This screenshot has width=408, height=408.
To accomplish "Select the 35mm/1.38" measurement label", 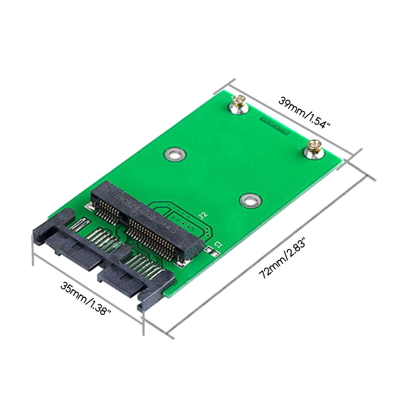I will pos(85,298).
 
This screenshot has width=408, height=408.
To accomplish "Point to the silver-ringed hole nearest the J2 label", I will pos(250,200).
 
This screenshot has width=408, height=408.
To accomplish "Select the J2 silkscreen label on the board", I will pos(204,216).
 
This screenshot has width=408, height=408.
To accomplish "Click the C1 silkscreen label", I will pos(218,244).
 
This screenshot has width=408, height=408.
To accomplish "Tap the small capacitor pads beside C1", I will pos(212,251).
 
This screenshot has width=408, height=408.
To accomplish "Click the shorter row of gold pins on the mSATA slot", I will pos(108,207).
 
